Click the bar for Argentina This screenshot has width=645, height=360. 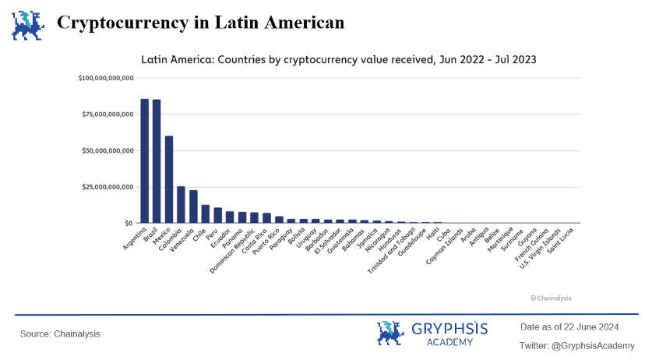point(145,161)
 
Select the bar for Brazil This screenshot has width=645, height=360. point(157,161)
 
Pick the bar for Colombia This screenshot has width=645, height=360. point(181,205)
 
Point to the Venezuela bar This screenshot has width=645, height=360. point(193,206)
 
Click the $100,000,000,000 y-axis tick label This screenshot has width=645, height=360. point(107,78)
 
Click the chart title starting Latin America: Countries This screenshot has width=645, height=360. point(338,58)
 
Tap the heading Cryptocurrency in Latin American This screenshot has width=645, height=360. point(200,23)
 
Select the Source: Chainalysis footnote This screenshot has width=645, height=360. point(60,334)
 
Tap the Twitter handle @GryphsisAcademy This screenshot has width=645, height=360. point(576,345)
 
